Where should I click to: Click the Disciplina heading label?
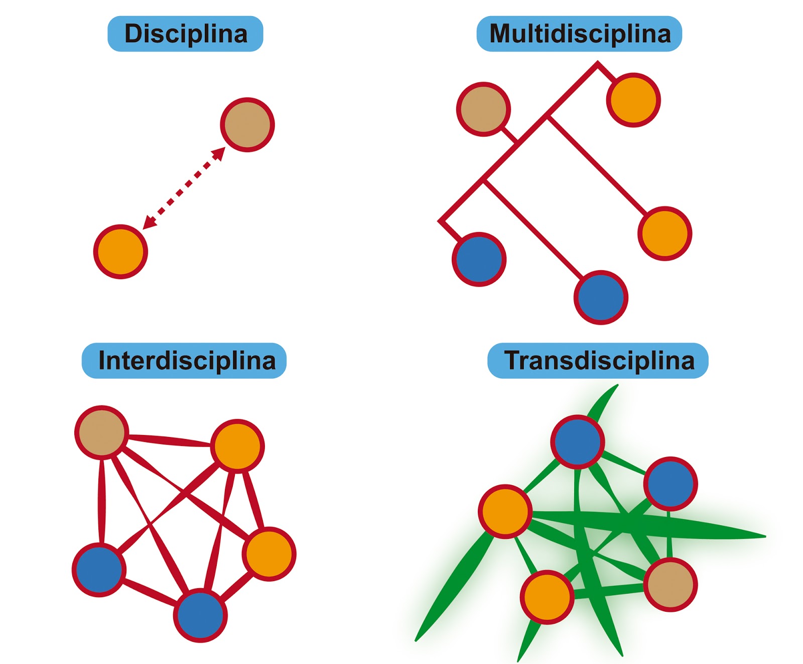(185, 34)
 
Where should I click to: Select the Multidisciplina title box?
(579, 34)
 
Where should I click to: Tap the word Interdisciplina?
(187, 361)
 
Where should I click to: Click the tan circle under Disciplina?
(247, 125)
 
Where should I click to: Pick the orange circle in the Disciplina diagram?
(120, 252)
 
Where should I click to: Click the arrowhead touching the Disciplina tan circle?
(219, 153)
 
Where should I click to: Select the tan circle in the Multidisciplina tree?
(483, 109)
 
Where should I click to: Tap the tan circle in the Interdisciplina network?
(102, 432)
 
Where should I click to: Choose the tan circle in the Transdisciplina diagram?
(671, 585)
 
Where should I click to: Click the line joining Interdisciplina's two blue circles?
(149, 592)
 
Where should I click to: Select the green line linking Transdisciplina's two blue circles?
(624, 463)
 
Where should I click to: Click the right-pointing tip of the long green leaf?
(763, 536)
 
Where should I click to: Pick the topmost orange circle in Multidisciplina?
(633, 100)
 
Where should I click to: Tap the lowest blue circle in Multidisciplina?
(601, 297)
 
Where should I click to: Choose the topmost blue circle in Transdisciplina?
(578, 441)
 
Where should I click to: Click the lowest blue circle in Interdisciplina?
(200, 615)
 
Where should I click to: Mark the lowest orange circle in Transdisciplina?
(547, 597)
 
